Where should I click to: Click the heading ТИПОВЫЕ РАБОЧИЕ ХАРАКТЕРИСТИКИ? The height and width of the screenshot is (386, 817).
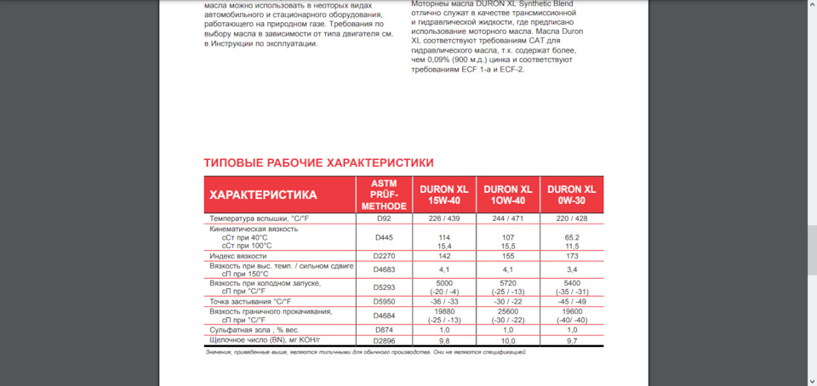(318, 162)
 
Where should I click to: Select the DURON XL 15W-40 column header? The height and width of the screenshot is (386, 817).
(443, 195)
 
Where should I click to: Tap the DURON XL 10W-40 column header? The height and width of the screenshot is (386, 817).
(507, 195)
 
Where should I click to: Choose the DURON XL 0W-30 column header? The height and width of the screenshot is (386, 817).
(571, 195)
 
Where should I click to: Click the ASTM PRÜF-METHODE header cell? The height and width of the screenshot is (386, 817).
(384, 195)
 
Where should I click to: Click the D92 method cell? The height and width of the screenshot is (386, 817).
(384, 219)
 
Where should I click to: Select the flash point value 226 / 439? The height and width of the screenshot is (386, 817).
(443, 219)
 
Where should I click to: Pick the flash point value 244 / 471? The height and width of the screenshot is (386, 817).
(507, 219)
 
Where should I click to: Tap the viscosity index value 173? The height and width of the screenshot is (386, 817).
(571, 255)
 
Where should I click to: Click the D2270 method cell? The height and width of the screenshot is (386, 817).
(384, 255)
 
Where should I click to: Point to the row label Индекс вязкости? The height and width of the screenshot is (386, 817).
(238, 255)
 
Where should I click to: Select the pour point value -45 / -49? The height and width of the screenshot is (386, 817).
(571, 301)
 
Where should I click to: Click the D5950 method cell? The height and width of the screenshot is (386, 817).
(384, 301)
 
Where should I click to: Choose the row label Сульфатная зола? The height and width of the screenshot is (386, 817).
(253, 329)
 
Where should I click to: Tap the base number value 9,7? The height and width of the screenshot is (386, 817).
(571, 340)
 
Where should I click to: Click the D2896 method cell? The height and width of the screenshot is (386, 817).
(384, 340)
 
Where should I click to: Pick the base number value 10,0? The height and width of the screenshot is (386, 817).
(507, 340)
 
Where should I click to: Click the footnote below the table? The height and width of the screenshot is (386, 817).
(365, 352)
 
